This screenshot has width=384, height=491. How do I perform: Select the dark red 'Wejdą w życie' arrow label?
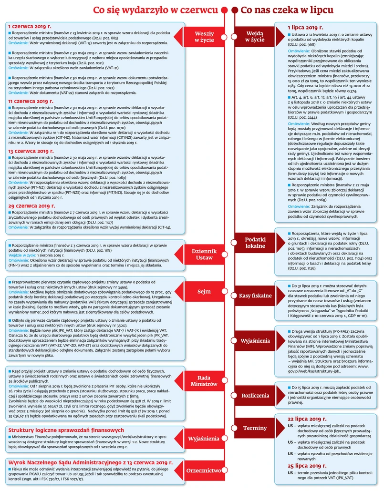255,37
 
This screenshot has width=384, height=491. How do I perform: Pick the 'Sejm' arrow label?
204,291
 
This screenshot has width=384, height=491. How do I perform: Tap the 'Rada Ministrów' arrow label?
204,380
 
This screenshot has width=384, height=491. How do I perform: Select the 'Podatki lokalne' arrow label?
255,243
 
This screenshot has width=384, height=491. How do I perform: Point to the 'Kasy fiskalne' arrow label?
255,296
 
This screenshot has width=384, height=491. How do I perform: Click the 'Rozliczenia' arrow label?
255,396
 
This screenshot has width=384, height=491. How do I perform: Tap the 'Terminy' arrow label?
255,428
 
